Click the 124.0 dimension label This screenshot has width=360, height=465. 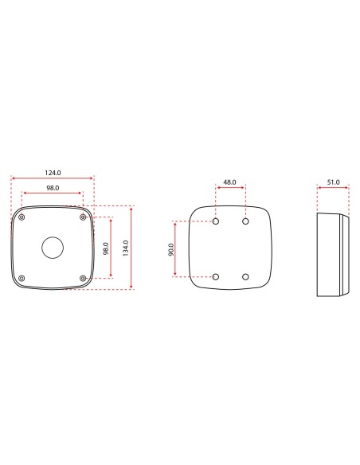tap(53, 171)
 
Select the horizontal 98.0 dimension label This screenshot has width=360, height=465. tap(53, 187)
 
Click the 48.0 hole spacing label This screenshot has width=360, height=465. tap(229, 182)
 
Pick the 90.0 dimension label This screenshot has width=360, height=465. tap(170, 249)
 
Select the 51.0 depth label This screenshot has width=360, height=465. tap(333, 182)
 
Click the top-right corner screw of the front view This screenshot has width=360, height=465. tap(84, 217)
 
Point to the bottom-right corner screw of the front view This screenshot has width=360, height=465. tap(84, 277)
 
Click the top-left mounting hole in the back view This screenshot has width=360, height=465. tap(216, 221)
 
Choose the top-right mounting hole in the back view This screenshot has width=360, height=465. tap(245, 221)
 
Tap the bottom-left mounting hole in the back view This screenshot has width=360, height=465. tap(216, 277)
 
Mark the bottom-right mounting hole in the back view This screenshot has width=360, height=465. tap(245, 277)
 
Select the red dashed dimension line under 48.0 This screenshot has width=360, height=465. tap(230, 189)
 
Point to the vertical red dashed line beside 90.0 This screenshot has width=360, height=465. tap(176, 249)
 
